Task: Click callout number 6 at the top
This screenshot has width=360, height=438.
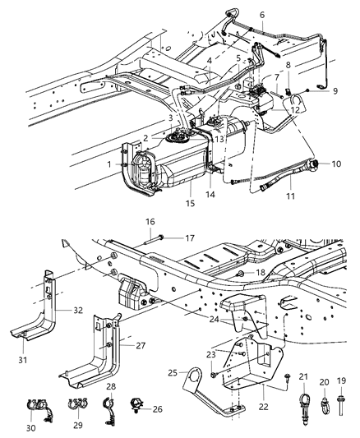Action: [262, 15]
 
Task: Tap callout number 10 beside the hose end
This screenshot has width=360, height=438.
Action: [336, 164]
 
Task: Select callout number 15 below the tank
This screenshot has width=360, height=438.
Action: [190, 203]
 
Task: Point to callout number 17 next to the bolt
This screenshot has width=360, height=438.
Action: [190, 238]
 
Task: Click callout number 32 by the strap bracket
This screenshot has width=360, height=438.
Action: [78, 310]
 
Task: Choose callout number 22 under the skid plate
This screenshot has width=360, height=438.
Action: [263, 407]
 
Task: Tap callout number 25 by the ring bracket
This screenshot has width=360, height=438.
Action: [173, 372]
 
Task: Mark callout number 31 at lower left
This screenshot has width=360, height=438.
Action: [23, 360]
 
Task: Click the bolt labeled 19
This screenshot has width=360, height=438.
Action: [340, 405]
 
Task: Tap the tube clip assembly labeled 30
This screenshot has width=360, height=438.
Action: [39, 409]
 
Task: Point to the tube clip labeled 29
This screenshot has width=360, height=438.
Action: [78, 403]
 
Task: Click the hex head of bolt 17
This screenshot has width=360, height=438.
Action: [161, 237]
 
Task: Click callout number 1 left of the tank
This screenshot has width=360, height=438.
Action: [109, 164]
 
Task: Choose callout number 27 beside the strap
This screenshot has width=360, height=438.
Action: [141, 345]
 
